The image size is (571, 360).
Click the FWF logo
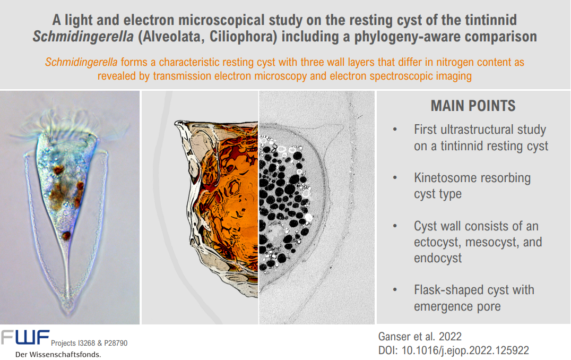pyautogui.click(x=25, y=337)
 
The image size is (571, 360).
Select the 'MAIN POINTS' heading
pyautogui.click(x=473, y=106)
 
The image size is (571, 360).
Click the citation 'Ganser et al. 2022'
pyautogui.click(x=420, y=336)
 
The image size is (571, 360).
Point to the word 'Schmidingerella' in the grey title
pyautogui.click(x=83, y=37)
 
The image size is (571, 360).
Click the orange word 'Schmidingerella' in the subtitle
pyautogui.click(x=81, y=62)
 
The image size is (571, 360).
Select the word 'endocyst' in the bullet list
pyautogui.click(x=438, y=258)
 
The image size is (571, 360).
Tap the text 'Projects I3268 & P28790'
pyautogui.click(x=89, y=343)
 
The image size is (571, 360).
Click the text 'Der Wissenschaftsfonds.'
pyautogui.click(x=58, y=355)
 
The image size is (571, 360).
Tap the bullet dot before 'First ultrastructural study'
pyautogui.click(x=395, y=130)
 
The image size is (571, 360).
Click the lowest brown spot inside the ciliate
pyautogui.click(x=66, y=235)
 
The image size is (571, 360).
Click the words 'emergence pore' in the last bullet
pyautogui.click(x=457, y=306)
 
